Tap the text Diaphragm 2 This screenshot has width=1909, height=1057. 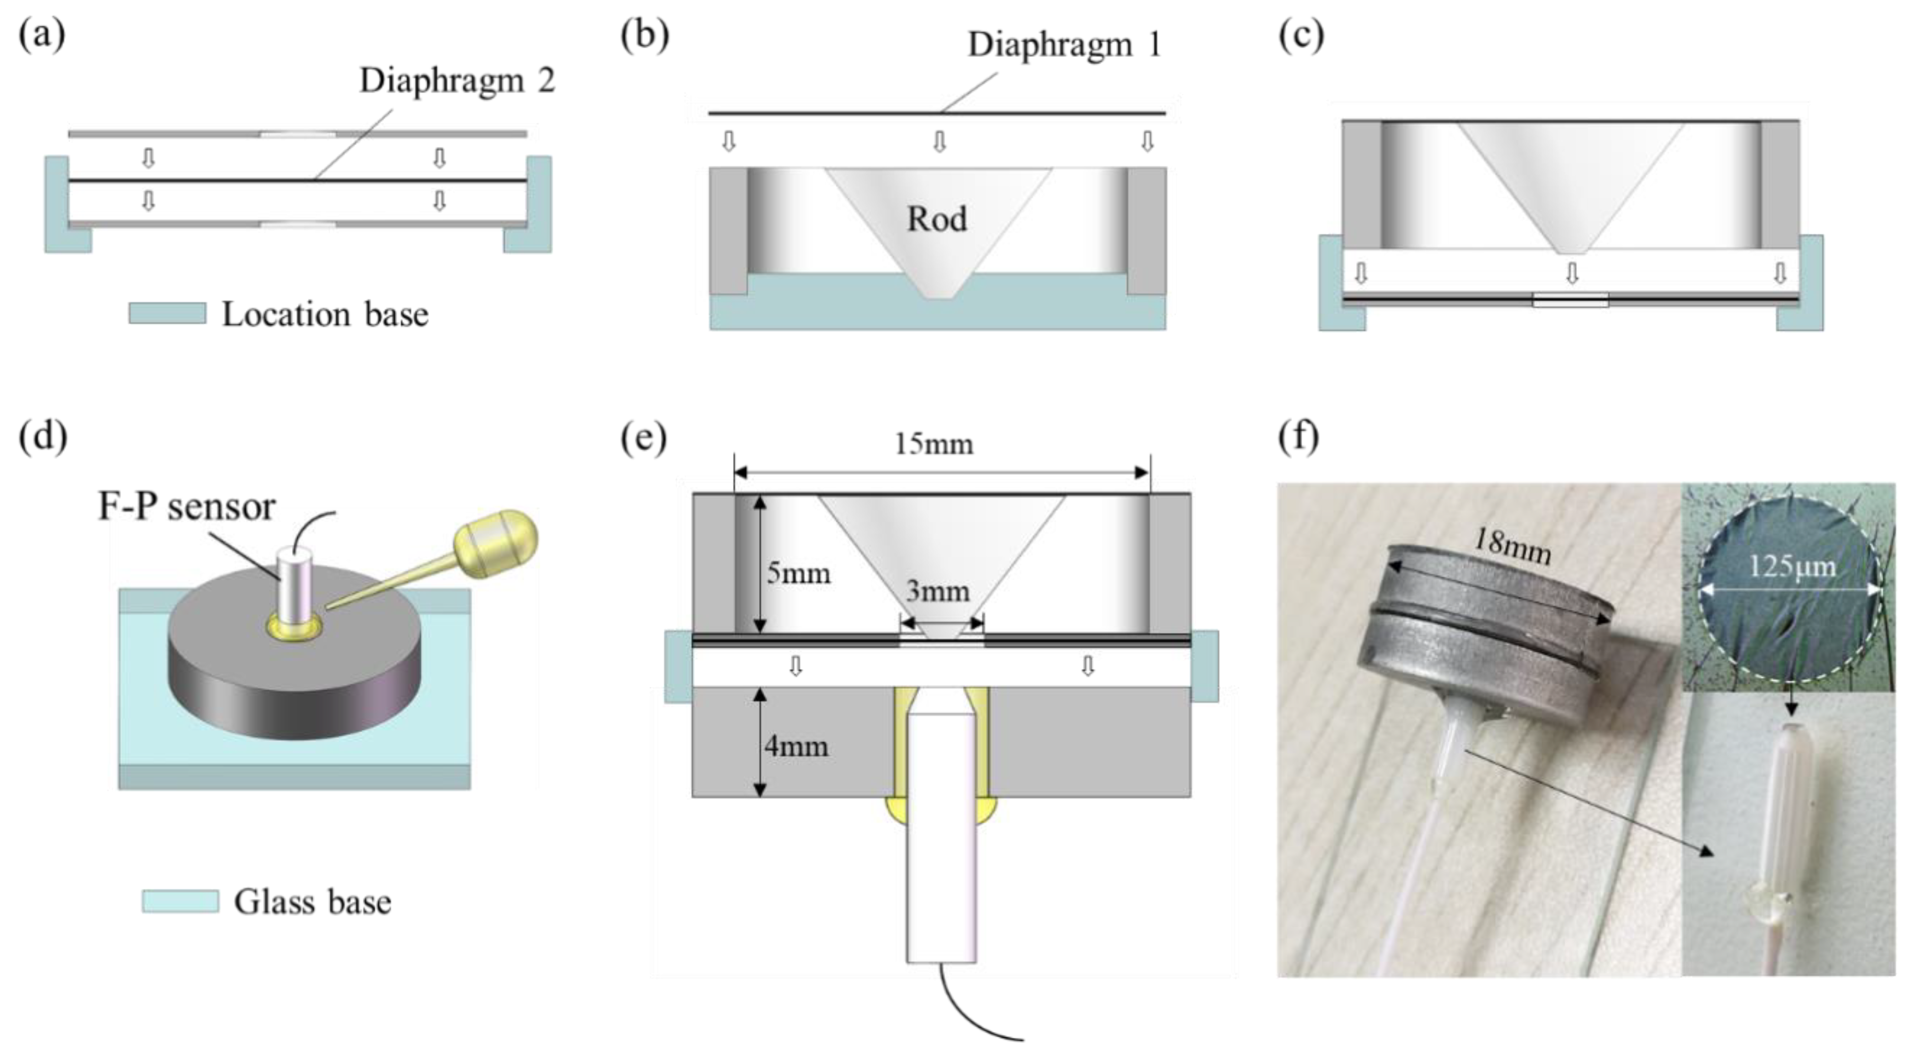tap(456, 80)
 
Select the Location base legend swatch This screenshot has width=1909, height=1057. tap(167, 313)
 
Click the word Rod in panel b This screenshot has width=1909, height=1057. tap(936, 219)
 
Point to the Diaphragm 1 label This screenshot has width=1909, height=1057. tap(1064, 45)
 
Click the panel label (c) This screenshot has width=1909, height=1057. tap(1301, 35)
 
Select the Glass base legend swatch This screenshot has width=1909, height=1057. tap(180, 901)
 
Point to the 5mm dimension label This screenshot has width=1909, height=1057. tap(798, 573)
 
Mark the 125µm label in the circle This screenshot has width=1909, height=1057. tap(1792, 567)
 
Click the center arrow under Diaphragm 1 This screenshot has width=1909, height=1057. tap(939, 141)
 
